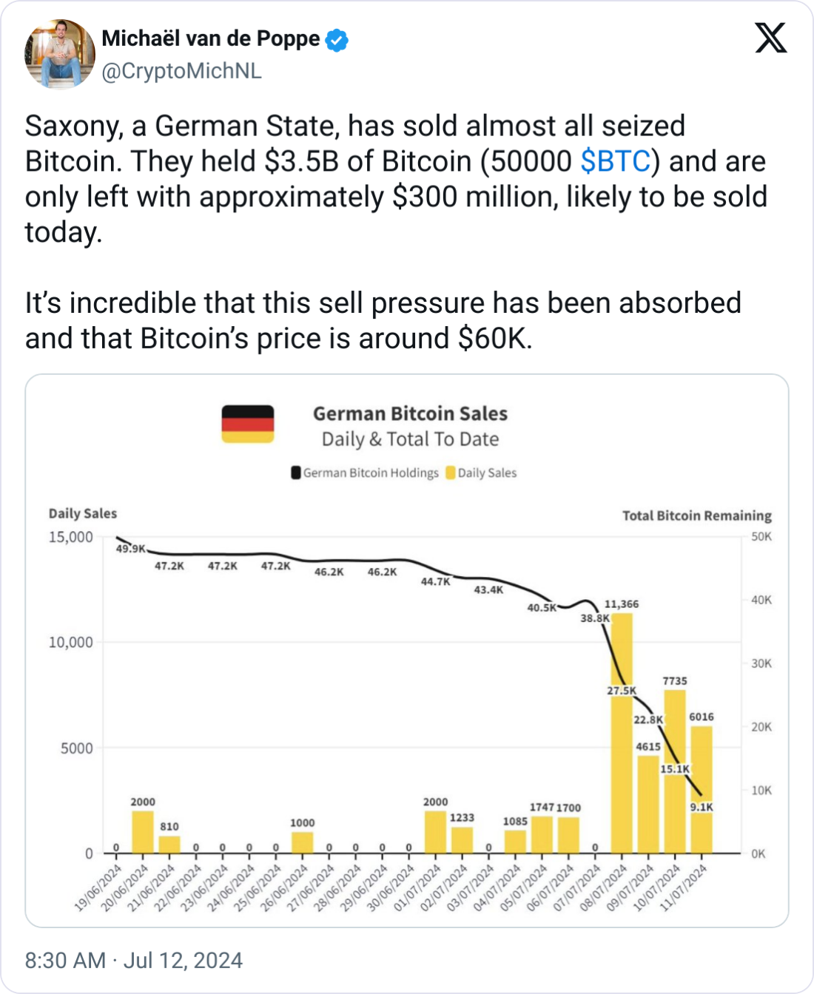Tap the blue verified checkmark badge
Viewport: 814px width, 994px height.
(x=337, y=39)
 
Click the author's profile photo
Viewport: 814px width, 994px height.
(x=60, y=54)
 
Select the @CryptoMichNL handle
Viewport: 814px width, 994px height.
(x=181, y=71)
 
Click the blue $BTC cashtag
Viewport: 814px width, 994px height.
(x=616, y=161)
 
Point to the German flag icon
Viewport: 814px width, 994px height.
(x=248, y=424)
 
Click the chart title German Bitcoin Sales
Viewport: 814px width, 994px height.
(x=410, y=413)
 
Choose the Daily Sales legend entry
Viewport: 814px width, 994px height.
(x=481, y=473)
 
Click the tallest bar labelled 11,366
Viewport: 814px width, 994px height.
(x=622, y=732)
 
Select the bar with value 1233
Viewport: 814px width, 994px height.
(x=462, y=840)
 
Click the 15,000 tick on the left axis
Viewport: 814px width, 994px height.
(x=71, y=537)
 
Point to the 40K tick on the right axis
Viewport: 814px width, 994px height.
(x=761, y=600)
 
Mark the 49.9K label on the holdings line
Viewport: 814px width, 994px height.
(x=131, y=549)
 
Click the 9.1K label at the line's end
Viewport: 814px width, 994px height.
(x=702, y=807)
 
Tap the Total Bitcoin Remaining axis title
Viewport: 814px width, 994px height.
(x=696, y=515)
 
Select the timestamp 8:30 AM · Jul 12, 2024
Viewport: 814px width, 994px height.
(x=134, y=960)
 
